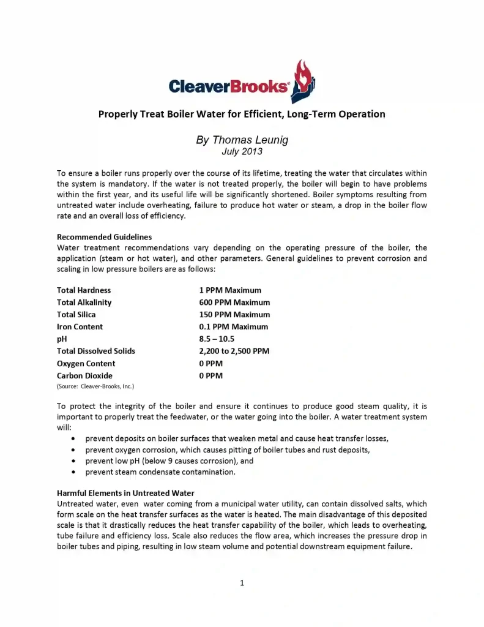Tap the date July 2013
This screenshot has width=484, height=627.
242,152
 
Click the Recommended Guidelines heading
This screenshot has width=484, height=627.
104,236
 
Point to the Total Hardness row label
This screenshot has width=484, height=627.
84,290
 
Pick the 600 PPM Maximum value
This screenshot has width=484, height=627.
234,302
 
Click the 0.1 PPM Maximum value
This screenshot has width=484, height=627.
233,327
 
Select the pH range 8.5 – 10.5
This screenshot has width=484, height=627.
217,339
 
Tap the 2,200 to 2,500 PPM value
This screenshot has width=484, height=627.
234,351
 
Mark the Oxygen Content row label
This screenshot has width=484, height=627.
86,364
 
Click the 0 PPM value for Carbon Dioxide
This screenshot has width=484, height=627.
210,376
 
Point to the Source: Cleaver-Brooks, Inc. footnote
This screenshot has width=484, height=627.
95,386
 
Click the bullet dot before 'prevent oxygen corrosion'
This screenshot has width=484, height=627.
74,450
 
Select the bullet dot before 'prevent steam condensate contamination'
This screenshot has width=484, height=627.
74,473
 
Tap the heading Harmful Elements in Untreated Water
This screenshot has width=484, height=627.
125,494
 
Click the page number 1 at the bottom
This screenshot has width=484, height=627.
242,583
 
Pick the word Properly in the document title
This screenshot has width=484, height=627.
119,114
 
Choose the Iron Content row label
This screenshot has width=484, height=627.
80,327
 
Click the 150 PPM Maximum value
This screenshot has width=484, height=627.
234,315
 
